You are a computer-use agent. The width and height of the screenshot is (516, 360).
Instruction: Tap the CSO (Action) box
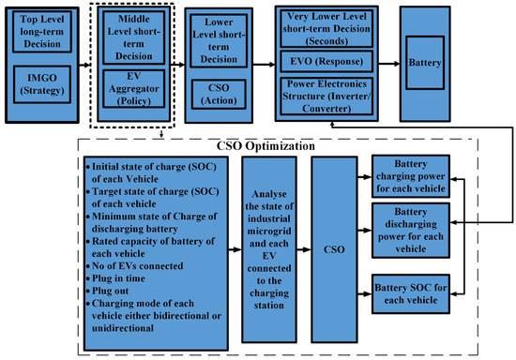click(217, 96)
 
